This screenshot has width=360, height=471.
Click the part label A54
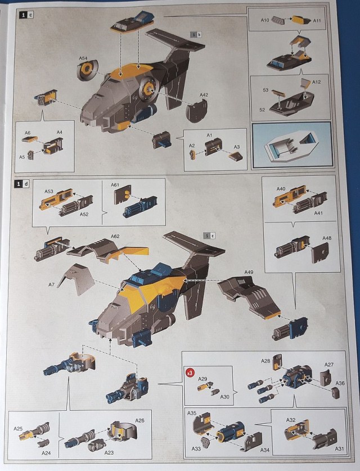point(83,58)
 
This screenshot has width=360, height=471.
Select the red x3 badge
point(190,372)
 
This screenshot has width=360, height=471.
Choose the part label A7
point(51,285)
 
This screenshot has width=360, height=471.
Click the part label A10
point(265,20)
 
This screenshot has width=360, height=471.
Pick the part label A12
point(317,83)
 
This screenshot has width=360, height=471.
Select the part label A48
point(327,238)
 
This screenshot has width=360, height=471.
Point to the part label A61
point(115,185)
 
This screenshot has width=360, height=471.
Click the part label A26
point(140,419)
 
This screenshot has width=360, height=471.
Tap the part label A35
point(192,413)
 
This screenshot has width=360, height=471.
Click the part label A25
point(19,429)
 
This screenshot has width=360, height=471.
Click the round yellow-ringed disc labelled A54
point(87,71)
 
